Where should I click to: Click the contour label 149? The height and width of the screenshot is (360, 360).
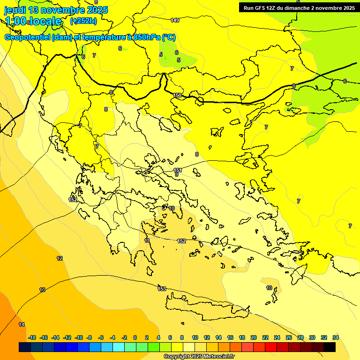pos(175,20)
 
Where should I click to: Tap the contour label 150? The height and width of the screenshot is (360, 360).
pos(177,95)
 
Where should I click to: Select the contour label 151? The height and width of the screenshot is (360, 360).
pos(177,170)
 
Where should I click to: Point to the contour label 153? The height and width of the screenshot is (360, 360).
pos(162,288)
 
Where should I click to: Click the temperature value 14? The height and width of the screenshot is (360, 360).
pos(22,324)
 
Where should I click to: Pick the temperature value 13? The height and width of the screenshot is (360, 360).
pos(42,290)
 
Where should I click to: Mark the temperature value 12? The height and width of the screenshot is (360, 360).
pos(60,258)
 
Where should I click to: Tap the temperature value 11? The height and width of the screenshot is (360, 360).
pos(147,240)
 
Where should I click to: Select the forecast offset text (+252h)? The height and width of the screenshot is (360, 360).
pos(83,21)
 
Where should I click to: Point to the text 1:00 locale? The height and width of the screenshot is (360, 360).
pos(33,21)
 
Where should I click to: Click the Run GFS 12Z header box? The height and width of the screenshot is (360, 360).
pos(299,7)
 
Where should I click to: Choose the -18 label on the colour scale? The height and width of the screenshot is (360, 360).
pos(32,337)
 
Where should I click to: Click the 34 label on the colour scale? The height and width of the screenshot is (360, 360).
pos(335,337)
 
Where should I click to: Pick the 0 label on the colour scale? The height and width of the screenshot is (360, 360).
pos(135,337)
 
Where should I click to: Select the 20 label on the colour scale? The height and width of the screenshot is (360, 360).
pos(254,337)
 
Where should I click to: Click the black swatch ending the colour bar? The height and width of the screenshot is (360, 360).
pos(330,347)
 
